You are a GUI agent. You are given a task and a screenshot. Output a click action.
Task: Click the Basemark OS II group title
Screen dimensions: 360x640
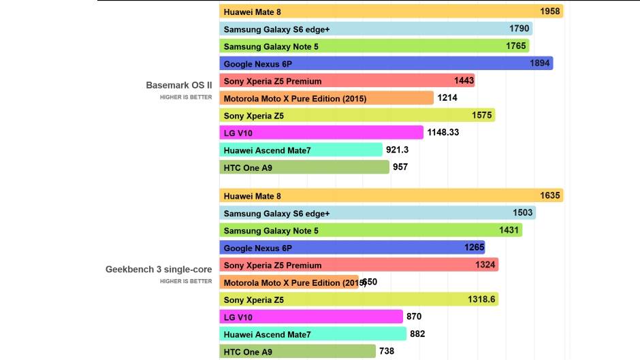(179, 86)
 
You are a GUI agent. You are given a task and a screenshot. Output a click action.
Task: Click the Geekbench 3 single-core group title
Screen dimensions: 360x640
(159, 269)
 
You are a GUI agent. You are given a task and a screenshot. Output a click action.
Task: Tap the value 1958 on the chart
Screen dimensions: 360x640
(549, 12)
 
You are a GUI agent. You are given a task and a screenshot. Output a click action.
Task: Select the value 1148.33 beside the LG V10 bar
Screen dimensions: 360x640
(443, 132)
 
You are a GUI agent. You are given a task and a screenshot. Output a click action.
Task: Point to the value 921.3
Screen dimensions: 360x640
(397, 150)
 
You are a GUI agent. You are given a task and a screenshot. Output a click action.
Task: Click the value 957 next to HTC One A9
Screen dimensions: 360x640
(400, 167)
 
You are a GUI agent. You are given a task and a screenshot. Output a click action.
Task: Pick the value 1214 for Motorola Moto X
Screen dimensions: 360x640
(447, 98)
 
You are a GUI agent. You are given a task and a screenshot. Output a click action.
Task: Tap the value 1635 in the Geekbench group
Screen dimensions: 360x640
(550, 196)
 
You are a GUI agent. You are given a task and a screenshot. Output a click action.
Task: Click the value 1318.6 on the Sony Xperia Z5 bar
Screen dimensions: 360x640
(481, 299)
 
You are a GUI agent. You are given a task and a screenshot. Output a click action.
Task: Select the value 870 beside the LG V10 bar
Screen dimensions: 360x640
(414, 316)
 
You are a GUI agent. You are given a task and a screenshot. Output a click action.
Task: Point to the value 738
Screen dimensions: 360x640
(387, 351)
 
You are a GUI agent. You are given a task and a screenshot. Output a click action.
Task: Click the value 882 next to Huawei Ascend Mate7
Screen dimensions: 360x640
(417, 334)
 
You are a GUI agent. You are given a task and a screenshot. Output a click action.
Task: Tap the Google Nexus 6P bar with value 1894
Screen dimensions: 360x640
(386, 63)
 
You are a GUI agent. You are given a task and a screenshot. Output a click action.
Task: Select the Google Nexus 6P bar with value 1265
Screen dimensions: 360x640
(352, 248)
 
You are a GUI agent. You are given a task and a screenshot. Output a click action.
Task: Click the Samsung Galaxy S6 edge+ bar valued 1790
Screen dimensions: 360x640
(376, 29)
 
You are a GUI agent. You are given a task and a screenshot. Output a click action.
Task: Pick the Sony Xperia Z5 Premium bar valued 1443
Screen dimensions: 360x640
(347, 81)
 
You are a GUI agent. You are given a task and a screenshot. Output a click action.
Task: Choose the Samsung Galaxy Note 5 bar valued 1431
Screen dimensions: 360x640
(370, 231)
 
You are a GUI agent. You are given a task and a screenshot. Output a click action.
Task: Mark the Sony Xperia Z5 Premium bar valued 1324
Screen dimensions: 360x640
(359, 265)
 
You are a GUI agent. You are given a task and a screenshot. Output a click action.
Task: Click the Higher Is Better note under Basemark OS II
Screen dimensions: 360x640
(186, 97)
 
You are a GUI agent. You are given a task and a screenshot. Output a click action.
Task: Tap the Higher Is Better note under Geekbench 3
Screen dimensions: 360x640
(186, 281)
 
